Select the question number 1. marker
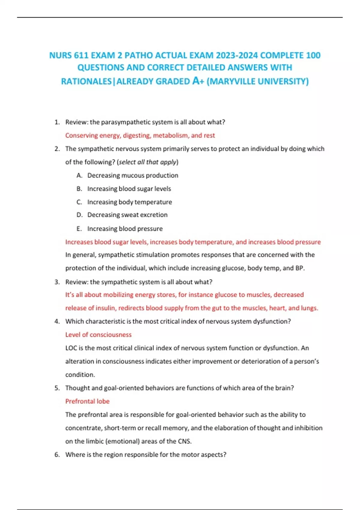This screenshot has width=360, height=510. coord(57,122)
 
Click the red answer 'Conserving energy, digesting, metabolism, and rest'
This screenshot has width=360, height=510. coord(140,135)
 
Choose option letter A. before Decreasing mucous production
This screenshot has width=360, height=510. coord(79,175)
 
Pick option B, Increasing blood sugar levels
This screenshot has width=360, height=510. coord(129,189)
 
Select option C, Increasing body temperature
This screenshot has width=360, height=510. coord(130,202)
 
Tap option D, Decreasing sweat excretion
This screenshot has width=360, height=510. coord(127,215)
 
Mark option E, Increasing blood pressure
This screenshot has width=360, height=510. coord(125,229)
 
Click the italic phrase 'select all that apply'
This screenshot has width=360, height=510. coord(148,162)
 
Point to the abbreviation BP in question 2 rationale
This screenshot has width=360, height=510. coord(299,268)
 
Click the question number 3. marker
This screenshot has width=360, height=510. coord(57,282)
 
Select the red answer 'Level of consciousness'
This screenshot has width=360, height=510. coord(98,334)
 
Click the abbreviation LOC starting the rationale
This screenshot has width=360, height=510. coord(71,348)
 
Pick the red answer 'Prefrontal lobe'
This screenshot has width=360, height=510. coord(87,401)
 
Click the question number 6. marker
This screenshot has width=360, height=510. coord(57,454)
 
